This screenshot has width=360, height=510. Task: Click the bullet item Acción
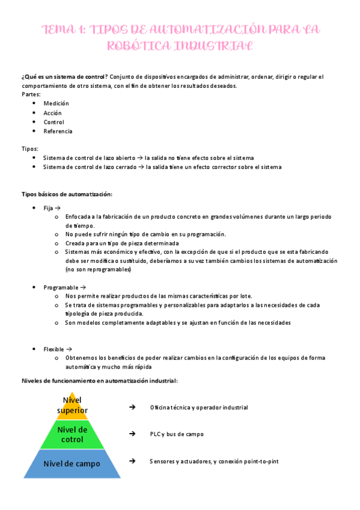(52, 112)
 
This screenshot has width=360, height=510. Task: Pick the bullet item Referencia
(58, 131)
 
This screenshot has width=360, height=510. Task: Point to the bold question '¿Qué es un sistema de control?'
(64, 76)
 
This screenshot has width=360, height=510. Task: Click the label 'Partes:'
(31, 94)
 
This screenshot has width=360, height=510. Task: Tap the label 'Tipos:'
(30, 148)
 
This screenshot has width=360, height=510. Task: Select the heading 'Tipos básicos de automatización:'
(67, 194)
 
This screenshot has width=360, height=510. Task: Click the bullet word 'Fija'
(48, 207)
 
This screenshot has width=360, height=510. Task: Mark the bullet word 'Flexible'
(54, 349)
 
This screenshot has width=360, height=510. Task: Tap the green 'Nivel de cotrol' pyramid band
(72, 434)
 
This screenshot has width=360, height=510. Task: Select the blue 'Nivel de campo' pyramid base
(72, 463)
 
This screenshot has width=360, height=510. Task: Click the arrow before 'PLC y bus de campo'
(132, 434)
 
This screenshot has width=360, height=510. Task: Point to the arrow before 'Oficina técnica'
(132, 407)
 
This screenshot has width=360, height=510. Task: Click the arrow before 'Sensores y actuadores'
(132, 461)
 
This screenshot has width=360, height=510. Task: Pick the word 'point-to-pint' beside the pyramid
(259, 461)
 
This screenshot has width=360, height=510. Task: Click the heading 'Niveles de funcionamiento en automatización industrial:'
(99, 381)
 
